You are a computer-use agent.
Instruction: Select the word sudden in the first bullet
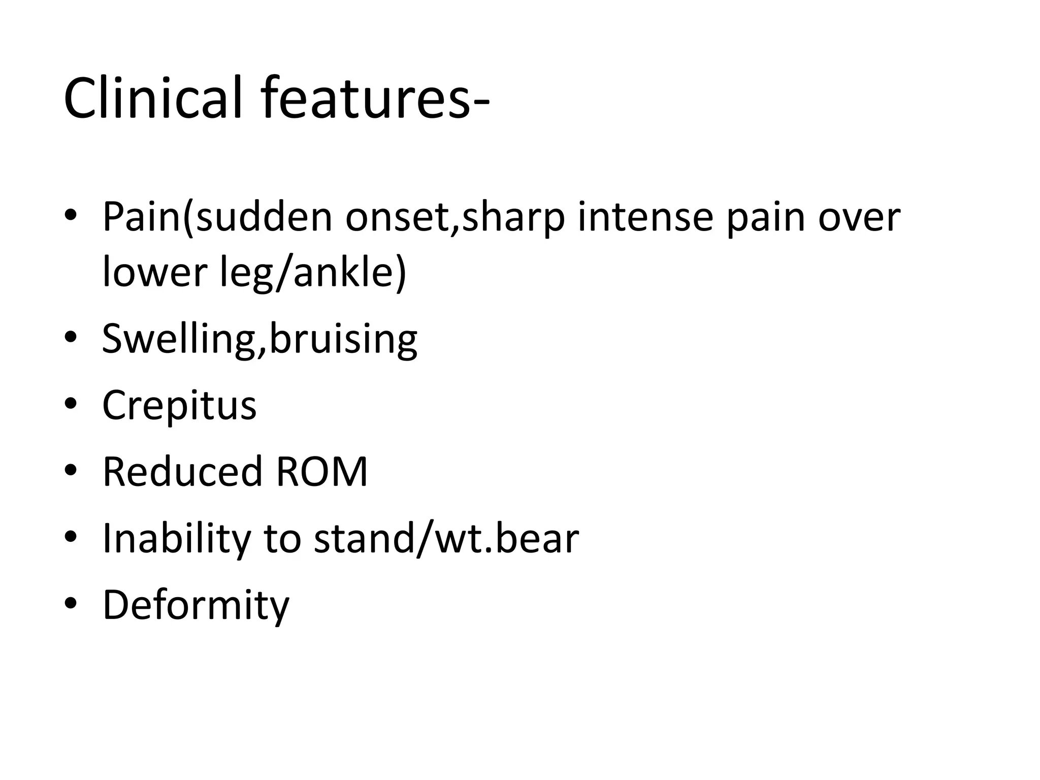tap(264, 217)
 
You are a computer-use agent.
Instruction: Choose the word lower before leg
tap(154, 272)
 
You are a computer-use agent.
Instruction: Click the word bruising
tap(343, 339)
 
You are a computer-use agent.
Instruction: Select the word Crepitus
tap(179, 406)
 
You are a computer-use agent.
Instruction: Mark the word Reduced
tap(182, 472)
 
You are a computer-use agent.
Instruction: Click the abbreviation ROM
tap(322, 472)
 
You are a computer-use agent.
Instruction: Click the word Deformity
tap(196, 605)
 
